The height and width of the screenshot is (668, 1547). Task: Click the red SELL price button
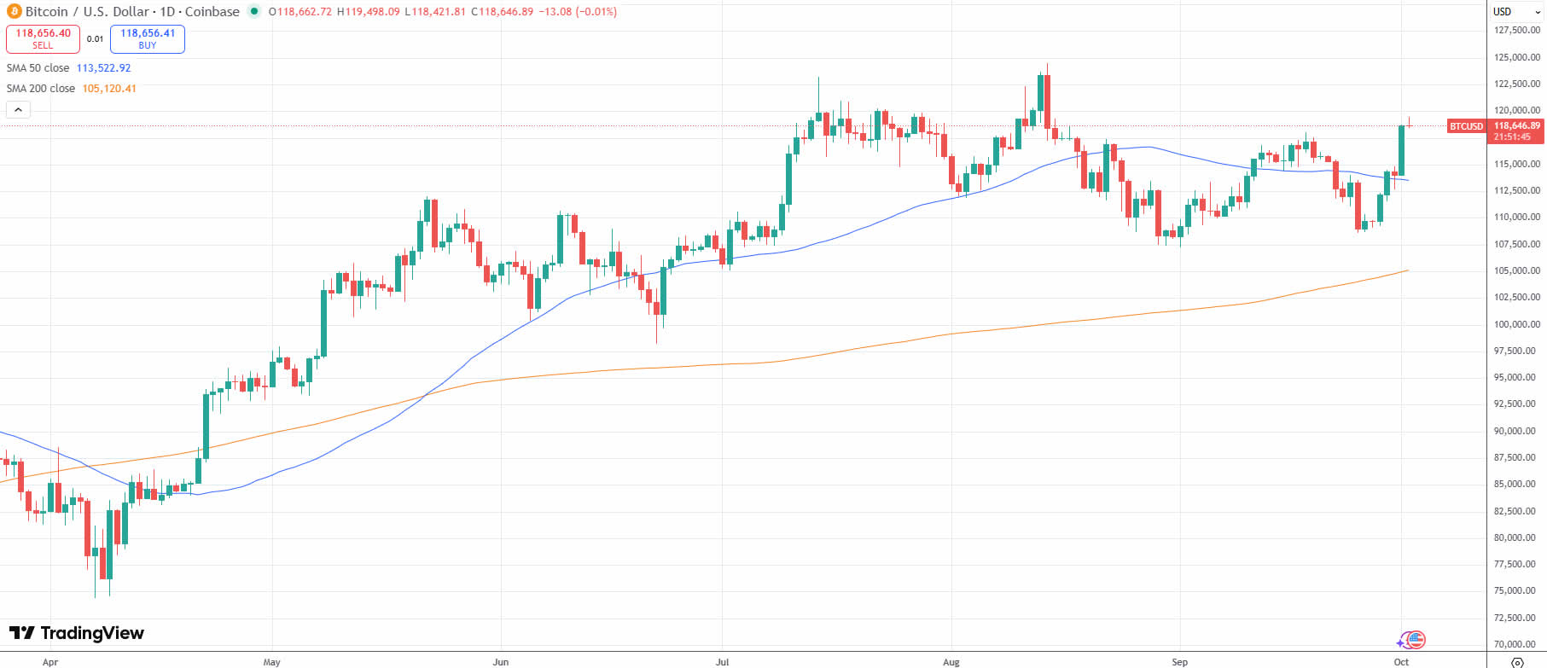(43, 38)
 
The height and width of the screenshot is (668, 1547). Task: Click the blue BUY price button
(148, 38)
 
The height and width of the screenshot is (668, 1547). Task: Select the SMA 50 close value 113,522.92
(103, 68)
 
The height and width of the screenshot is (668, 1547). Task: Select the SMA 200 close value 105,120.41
(109, 89)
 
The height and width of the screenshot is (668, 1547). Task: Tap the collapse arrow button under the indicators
(18, 109)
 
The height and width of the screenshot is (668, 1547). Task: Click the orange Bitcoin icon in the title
(15, 12)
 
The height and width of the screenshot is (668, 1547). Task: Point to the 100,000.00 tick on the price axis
(1516, 324)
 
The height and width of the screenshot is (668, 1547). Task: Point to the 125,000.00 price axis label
(1516, 57)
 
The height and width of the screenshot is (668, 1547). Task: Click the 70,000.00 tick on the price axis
(1516, 644)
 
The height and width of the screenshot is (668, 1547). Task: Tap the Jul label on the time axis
(722, 662)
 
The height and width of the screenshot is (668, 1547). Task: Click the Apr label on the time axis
(50, 662)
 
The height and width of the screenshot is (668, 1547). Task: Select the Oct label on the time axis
(1401, 662)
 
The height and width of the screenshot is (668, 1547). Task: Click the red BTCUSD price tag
(1466, 126)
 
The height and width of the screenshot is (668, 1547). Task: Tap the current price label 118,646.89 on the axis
(1516, 126)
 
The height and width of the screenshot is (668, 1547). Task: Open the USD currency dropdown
(1516, 12)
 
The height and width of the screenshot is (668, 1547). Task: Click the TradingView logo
(77, 633)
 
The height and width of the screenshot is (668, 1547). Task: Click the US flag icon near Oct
(1416, 640)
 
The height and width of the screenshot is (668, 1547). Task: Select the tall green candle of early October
(1401, 150)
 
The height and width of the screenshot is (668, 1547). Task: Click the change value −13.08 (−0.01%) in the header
(578, 12)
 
